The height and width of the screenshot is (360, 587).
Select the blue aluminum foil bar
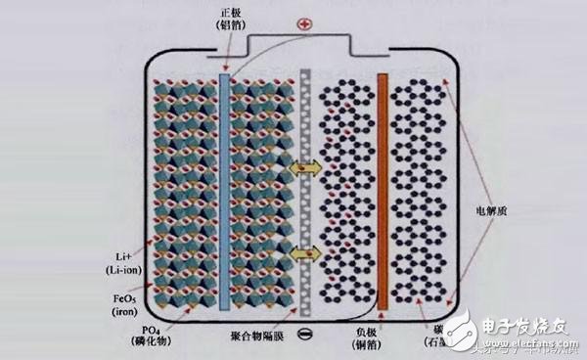227,181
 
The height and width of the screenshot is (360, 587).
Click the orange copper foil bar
383,181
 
